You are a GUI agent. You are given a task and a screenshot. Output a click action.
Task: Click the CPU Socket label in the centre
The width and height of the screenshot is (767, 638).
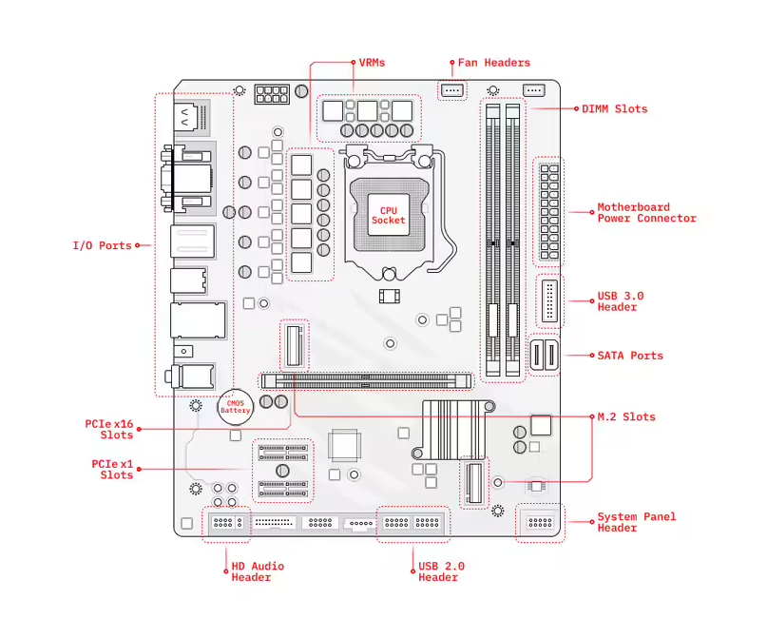(x=388, y=215)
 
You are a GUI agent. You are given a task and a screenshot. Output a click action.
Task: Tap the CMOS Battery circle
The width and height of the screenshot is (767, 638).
(x=235, y=406)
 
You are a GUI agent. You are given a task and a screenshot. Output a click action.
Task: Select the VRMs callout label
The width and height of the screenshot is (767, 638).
(x=372, y=63)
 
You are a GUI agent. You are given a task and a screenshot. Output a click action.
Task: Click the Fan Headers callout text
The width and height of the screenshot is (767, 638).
(x=493, y=63)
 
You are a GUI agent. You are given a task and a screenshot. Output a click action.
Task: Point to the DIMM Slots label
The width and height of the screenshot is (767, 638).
(x=614, y=108)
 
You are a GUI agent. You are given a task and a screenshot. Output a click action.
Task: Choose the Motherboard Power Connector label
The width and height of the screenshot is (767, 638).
(x=646, y=212)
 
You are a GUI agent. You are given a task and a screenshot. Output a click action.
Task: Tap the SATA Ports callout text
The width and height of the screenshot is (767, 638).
(x=630, y=356)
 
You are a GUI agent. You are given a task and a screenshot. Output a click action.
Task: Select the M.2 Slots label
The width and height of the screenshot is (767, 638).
(x=625, y=416)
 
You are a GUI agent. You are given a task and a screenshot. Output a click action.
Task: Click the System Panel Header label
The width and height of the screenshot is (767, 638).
(x=637, y=522)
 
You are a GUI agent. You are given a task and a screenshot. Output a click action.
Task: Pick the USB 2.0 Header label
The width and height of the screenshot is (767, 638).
(x=441, y=571)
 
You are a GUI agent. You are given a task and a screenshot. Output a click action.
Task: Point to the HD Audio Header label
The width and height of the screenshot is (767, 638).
(x=258, y=571)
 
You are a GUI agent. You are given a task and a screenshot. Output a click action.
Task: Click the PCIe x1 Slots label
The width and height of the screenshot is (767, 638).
(x=112, y=469)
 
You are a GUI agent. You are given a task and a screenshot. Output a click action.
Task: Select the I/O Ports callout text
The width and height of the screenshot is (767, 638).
(x=102, y=245)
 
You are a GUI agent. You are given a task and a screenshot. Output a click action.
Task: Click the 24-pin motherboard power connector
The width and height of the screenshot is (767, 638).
(x=547, y=211)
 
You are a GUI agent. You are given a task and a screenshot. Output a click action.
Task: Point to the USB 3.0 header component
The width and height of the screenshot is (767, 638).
(x=549, y=301)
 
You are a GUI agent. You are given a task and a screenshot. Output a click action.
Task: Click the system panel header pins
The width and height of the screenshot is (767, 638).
(x=540, y=522)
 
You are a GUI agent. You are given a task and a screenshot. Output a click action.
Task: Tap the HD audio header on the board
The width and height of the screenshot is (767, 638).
(x=225, y=522)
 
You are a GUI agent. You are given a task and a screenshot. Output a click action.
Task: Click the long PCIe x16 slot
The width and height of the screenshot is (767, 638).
(x=367, y=379)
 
